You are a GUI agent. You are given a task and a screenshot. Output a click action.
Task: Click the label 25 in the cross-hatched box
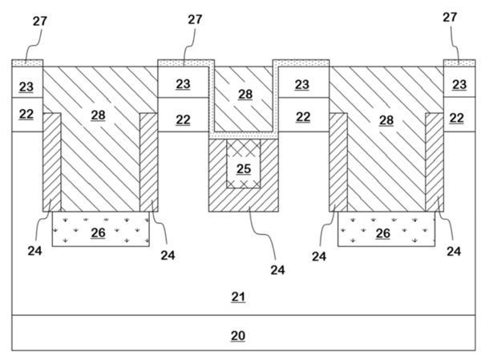coord(244,169)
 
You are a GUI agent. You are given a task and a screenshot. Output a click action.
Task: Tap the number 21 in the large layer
coord(238,297)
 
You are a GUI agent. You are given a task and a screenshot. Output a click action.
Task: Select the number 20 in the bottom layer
coord(238,336)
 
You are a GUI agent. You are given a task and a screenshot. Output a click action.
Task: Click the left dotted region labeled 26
coord(101,229)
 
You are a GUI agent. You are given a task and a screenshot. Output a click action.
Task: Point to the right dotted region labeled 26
coord(386,229)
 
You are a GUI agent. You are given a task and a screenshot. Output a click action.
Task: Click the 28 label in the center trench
coord(245,94)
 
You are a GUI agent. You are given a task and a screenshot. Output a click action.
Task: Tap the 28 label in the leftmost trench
coord(98,115)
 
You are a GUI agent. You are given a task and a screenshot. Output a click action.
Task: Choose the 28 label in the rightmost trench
coord(386,119)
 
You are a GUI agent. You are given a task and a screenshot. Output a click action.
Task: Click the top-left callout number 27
coord(40,22)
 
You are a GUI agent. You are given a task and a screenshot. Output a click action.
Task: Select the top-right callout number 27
coord(450,18)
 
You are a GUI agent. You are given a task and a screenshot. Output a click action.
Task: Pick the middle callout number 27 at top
coord(195,19)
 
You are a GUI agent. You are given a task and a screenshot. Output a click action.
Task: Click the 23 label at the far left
coord(26,87)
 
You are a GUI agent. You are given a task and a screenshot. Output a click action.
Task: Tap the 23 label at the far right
coord(459,84)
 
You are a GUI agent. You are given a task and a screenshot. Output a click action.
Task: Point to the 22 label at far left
coord(26,114)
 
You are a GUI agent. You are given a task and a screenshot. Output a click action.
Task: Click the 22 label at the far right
coord(457,118)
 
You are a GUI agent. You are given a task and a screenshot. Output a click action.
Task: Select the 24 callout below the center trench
coord(277,269)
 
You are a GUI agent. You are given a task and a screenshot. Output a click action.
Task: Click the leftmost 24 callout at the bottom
coord(34,251)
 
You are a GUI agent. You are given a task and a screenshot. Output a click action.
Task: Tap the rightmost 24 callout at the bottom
coord(454,251)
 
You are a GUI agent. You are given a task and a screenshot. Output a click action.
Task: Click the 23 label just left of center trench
coord(183,84)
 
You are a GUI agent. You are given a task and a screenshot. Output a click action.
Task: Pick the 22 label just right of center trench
coord(303,117)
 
